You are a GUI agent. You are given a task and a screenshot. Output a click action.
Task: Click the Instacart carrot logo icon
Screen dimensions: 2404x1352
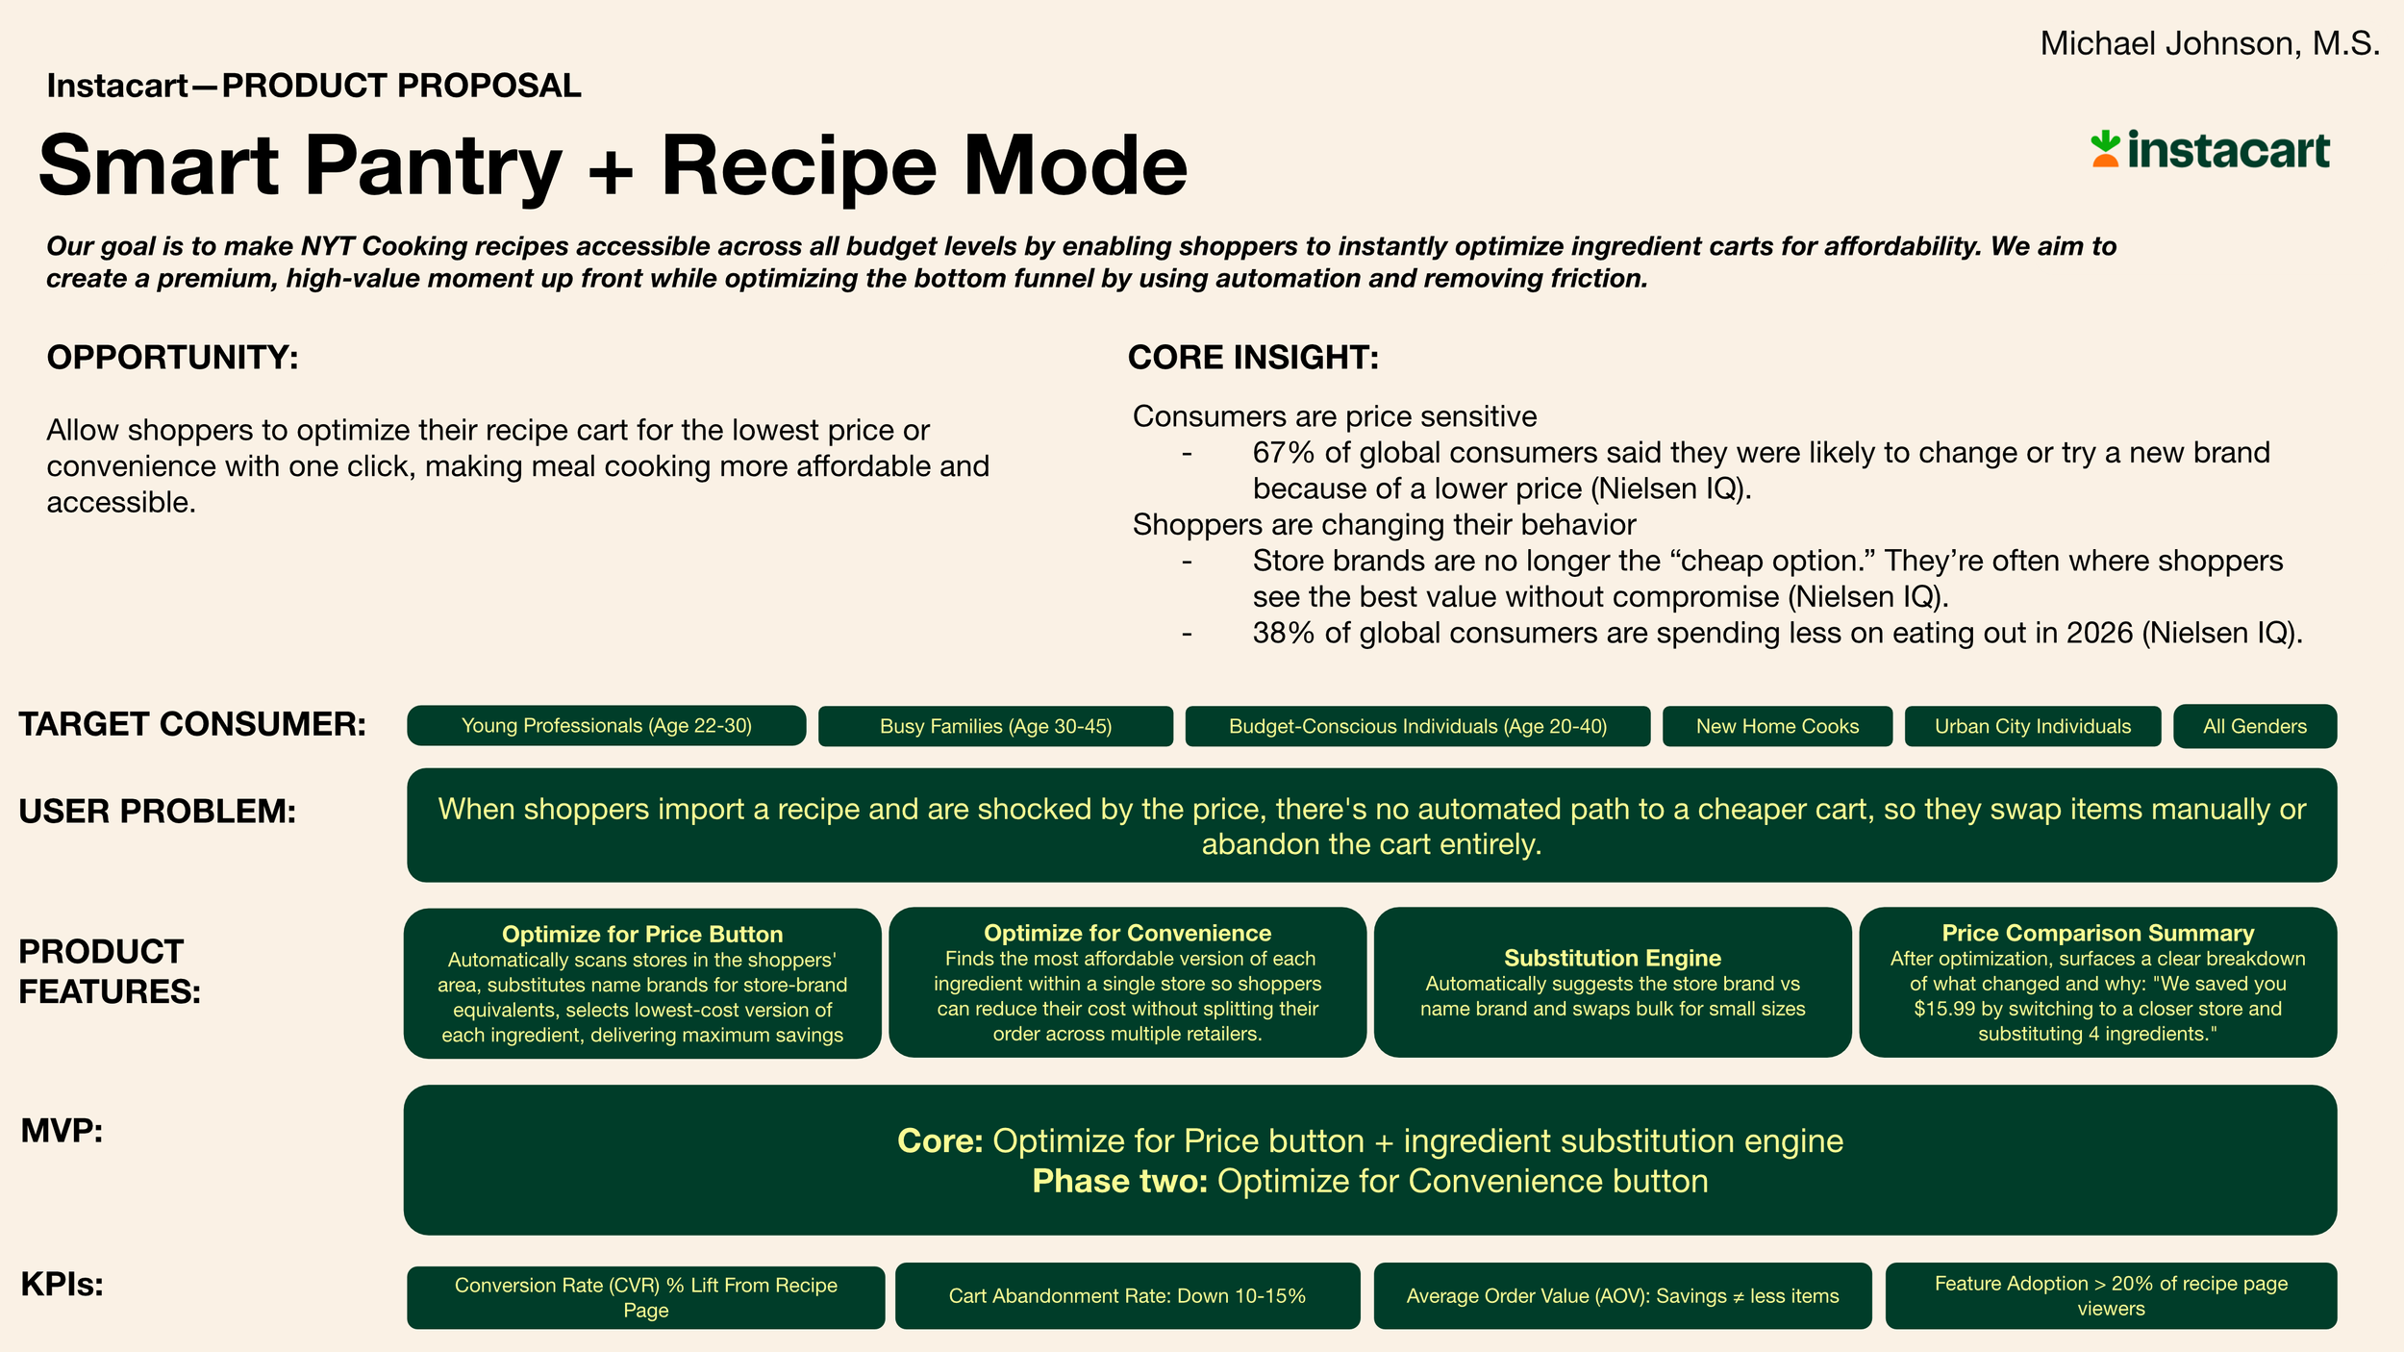coord(2104,149)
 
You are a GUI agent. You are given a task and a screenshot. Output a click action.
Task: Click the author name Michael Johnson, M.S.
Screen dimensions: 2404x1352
coord(2209,44)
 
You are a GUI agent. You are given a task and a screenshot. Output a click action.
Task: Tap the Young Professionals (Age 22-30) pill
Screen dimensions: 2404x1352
coord(606,726)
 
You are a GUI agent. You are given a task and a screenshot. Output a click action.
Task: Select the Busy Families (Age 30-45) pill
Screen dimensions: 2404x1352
coord(995,727)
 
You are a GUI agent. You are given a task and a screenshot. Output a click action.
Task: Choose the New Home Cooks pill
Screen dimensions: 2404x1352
coord(1777,727)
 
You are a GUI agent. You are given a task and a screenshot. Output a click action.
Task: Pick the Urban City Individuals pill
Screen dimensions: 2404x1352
coord(2033,727)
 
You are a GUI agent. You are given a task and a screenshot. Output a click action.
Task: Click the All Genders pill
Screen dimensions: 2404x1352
coord(2254,727)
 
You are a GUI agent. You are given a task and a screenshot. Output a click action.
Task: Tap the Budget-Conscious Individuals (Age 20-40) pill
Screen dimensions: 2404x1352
coord(1417,727)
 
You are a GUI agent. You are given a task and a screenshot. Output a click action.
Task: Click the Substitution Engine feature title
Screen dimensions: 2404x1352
coord(1612,958)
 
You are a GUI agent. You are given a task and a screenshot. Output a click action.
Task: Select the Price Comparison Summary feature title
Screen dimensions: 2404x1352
coord(2097,933)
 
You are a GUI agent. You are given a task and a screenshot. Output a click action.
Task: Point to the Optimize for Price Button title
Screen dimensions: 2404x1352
coord(641,934)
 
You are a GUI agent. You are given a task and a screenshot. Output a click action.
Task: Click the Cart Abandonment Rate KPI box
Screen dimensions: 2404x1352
coord(1127,1296)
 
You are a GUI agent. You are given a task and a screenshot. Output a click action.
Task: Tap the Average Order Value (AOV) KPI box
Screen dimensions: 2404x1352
coord(1622,1296)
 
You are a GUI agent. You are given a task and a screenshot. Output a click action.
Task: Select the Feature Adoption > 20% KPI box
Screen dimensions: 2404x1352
coord(2111,1296)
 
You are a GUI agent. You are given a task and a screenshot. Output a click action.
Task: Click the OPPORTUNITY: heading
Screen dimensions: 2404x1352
coord(173,358)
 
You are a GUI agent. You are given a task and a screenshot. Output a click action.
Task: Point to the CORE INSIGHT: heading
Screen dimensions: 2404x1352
coord(1253,358)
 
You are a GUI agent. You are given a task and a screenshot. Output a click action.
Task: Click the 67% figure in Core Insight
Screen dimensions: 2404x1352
coord(1283,453)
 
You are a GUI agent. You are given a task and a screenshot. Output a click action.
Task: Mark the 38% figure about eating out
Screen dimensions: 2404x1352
coord(1283,633)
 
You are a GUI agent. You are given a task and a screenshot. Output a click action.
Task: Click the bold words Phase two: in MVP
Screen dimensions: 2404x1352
coord(1119,1181)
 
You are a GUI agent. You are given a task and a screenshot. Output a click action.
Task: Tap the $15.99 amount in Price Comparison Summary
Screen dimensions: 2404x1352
coord(1945,1009)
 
